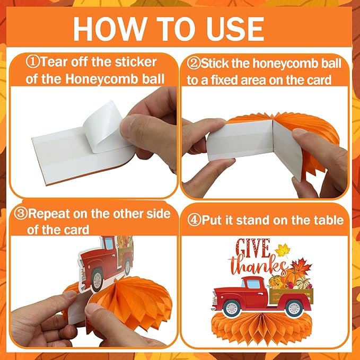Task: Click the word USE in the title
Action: coord(235,29)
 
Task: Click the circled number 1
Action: coord(32,62)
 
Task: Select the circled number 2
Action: coord(194,64)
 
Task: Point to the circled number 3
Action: coord(21,213)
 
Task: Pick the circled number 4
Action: coord(194,221)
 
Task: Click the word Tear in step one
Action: coord(54,62)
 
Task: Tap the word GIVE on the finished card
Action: coord(252,248)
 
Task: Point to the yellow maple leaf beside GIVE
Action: coord(282,251)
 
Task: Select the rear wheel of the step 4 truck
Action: coord(294,308)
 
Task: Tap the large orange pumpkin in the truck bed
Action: coord(293,276)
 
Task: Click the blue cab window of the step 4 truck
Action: coord(253,284)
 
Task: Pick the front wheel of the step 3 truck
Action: coord(97,279)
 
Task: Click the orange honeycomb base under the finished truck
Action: coord(262,330)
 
